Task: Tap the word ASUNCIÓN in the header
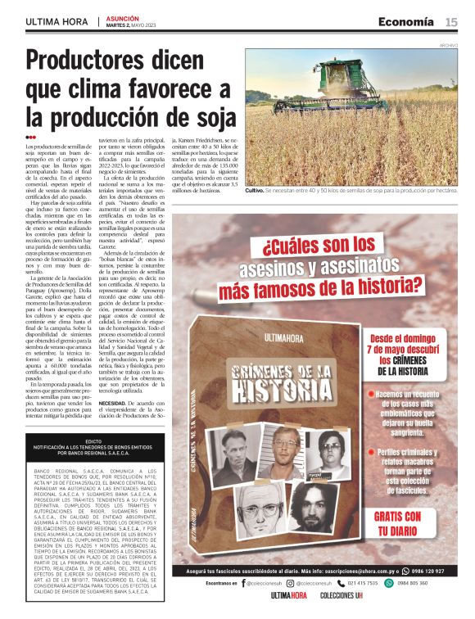point(120,16)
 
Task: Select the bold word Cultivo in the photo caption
point(255,190)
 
